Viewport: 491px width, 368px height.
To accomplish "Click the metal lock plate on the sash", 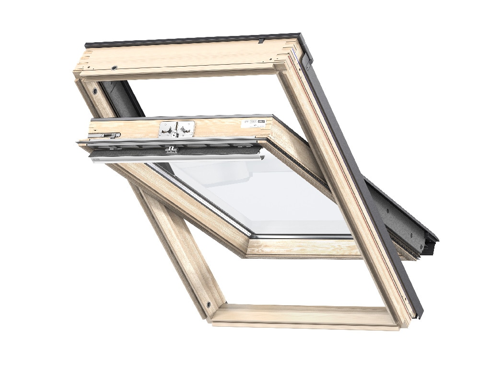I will pyautogui.click(x=176, y=129).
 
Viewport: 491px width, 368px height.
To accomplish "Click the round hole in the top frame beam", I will pyautogui.click(x=114, y=68).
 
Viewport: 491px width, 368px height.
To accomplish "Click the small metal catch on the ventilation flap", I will pyautogui.click(x=170, y=150).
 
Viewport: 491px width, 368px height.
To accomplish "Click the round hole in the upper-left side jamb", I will pyautogui.click(x=95, y=91).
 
